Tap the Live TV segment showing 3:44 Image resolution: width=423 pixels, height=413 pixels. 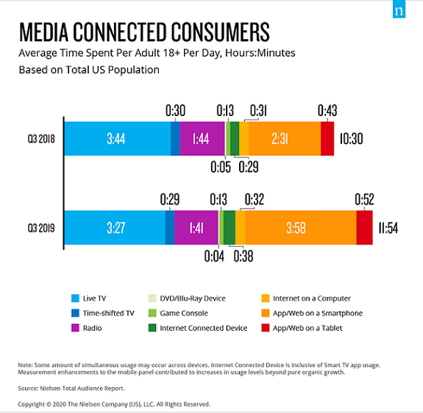(x=117, y=139)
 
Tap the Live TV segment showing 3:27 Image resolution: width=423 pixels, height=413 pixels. (x=114, y=228)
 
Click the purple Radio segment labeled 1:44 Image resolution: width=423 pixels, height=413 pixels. (x=202, y=139)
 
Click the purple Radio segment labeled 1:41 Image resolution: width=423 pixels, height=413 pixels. (x=196, y=228)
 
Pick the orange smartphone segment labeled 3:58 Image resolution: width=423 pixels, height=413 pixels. (x=300, y=228)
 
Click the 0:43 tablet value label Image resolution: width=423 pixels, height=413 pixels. (x=327, y=110)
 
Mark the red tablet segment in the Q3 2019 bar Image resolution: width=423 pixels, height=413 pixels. (x=365, y=228)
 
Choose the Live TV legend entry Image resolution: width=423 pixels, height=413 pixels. (x=93, y=298)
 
